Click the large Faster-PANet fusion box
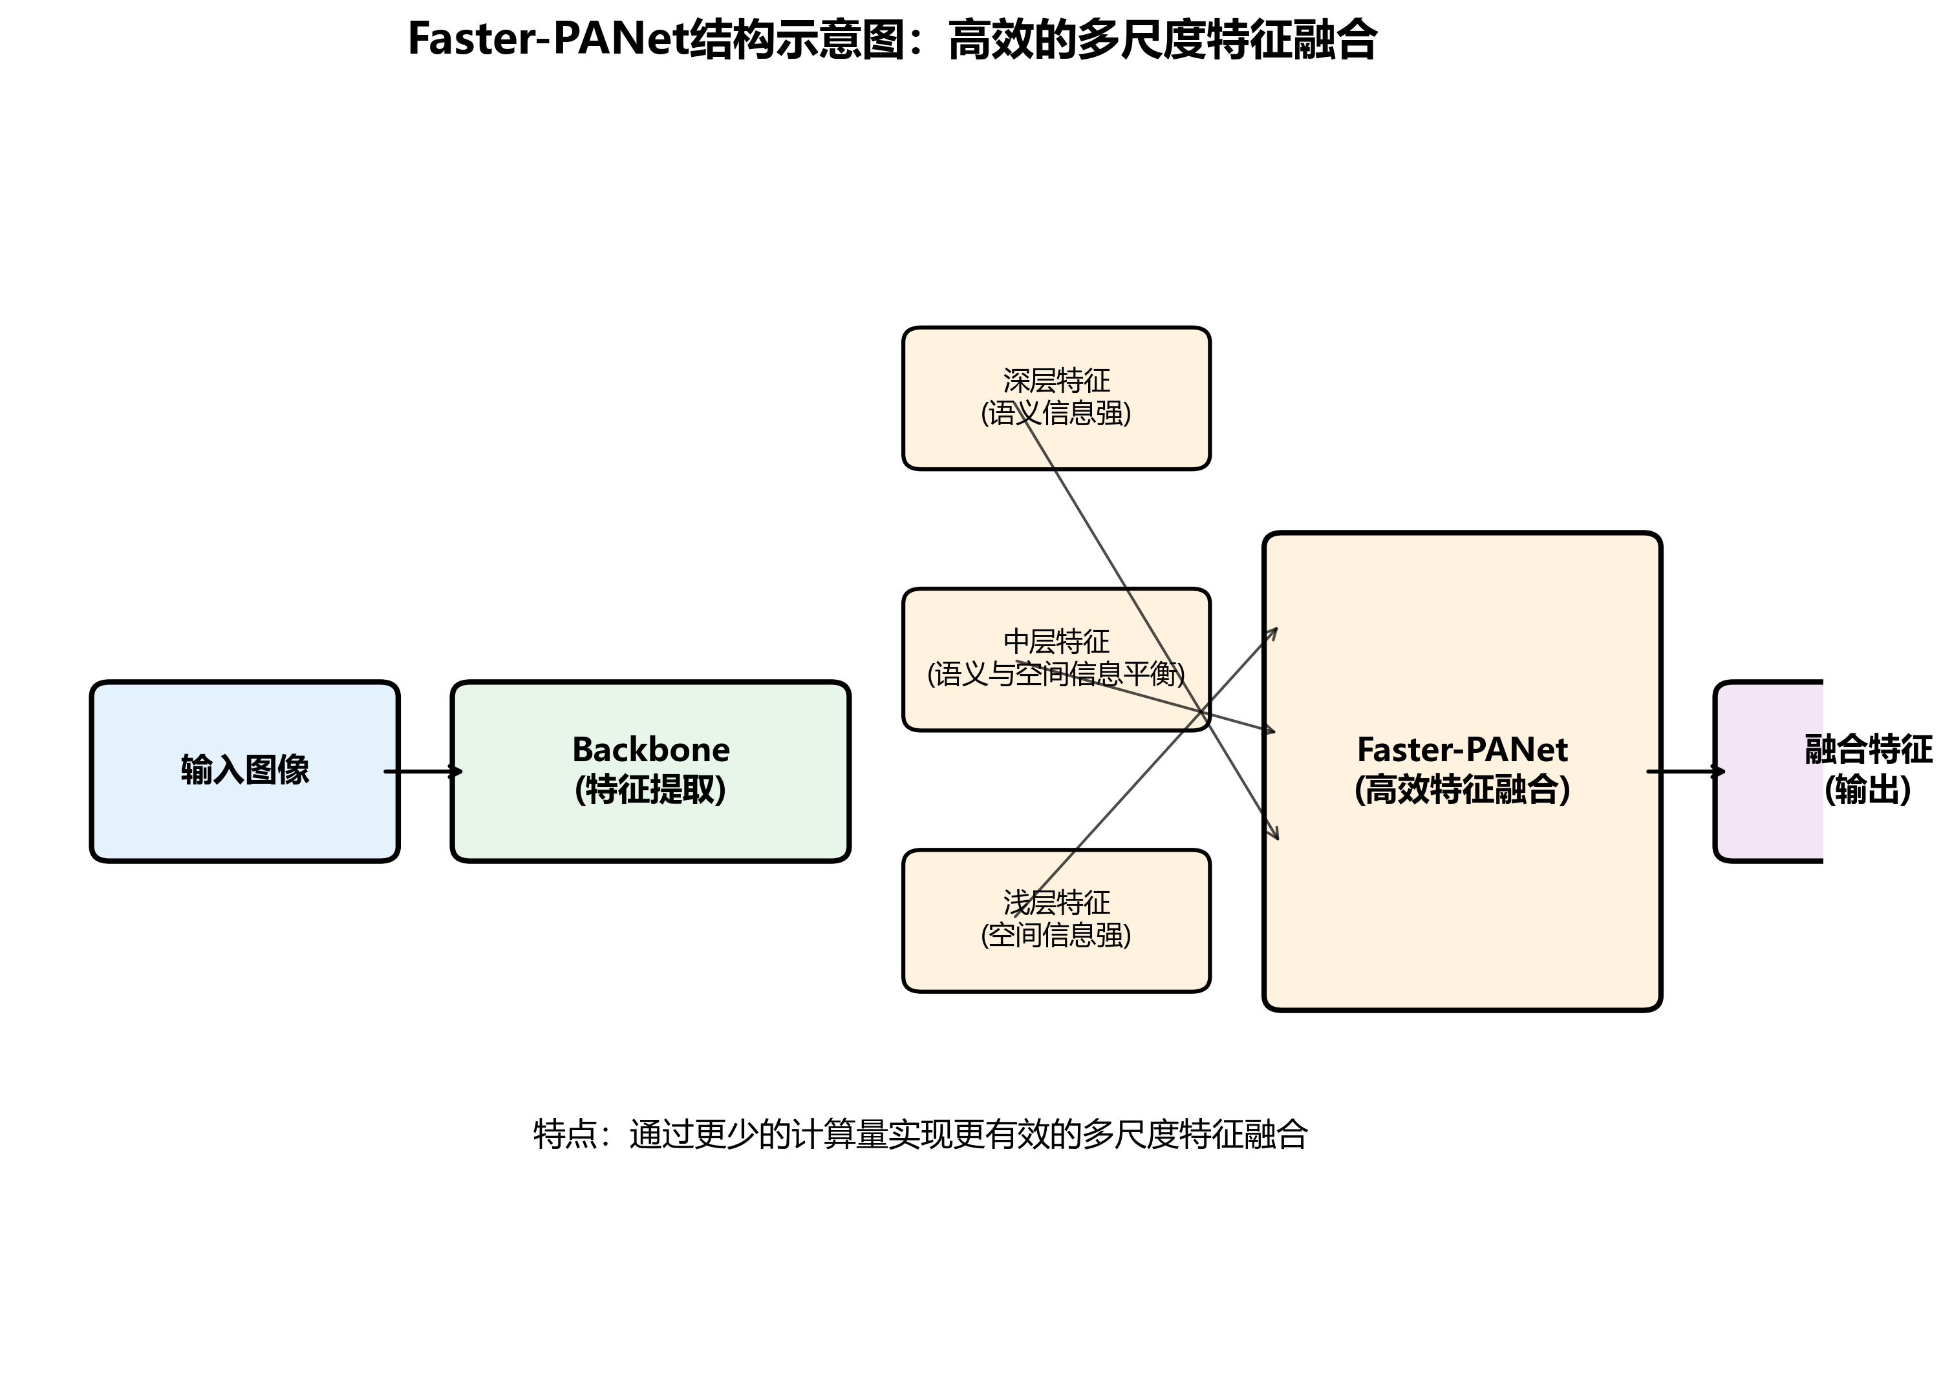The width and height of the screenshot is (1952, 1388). pyautogui.click(x=1462, y=898)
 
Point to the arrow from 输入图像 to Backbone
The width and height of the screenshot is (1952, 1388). pyautogui.click(x=424, y=772)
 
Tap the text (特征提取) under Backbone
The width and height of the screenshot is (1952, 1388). pyautogui.click(x=650, y=790)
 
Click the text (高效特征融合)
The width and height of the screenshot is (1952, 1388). pyautogui.click(x=1462, y=790)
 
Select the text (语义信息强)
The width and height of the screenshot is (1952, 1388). pyautogui.click(x=1056, y=414)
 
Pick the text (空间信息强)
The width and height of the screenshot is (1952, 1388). pyautogui.click(x=1056, y=935)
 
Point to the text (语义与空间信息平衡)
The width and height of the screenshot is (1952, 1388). pyautogui.click(x=1056, y=675)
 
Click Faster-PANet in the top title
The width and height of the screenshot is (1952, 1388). pyautogui.click(x=548, y=39)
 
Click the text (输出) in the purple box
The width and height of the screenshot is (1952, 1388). pyautogui.click(x=1867, y=790)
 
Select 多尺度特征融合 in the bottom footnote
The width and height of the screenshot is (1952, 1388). pyautogui.click(x=1194, y=1135)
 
